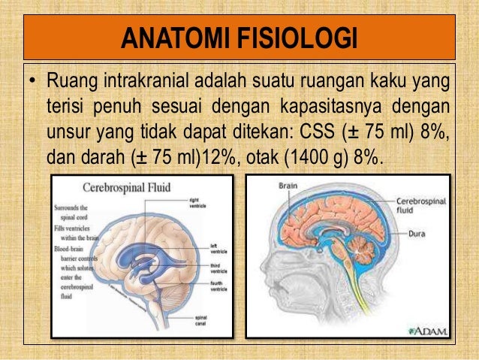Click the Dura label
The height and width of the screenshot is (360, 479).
417,234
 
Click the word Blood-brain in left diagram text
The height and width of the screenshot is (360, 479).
69,248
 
